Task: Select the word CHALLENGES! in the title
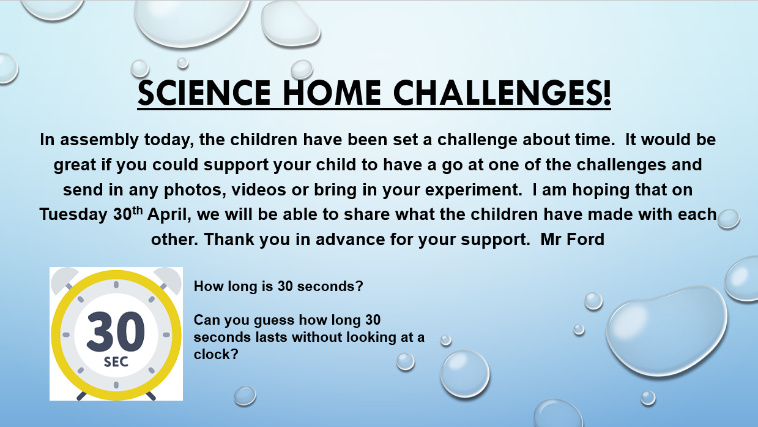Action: pos(502,93)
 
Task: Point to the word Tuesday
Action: pos(74,215)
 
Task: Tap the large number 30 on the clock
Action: pos(116,331)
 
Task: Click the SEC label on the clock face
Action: pos(116,362)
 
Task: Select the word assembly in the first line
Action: pos(99,140)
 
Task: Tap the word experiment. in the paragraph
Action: pos(474,190)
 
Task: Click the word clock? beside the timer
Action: pos(216,354)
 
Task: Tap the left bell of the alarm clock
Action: pos(64,279)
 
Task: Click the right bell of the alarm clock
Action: pos(168,279)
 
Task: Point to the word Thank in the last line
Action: pos(229,240)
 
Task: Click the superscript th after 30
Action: pos(137,211)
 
